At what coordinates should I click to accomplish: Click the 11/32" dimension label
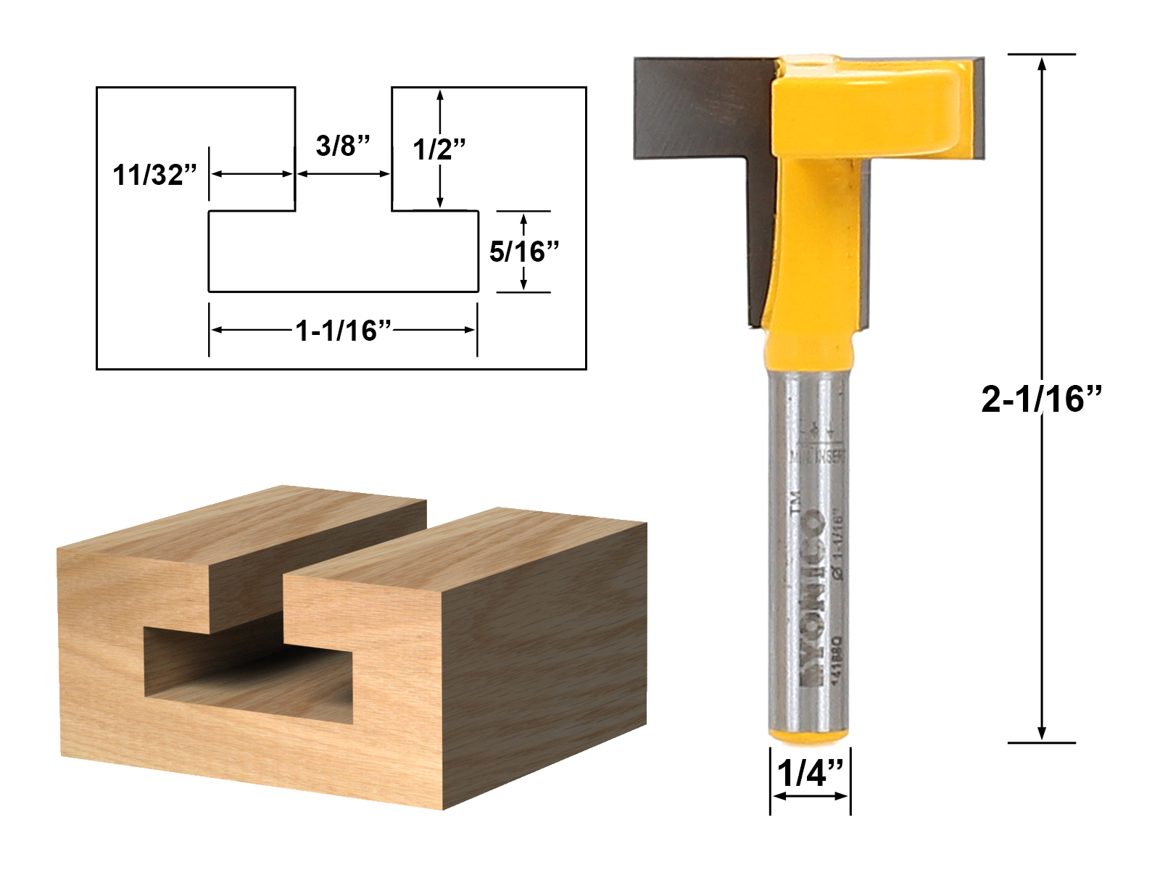155,175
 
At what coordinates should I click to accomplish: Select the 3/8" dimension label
343,146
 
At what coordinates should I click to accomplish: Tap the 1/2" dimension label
439,149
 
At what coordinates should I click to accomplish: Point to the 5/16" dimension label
524,252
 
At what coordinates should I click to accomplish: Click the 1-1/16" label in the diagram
343,331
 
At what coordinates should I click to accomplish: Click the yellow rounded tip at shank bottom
809,735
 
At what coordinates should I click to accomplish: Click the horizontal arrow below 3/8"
344,174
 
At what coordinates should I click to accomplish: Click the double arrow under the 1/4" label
810,796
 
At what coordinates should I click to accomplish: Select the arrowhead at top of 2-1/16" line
1042,63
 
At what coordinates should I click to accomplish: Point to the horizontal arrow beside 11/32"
252,174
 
